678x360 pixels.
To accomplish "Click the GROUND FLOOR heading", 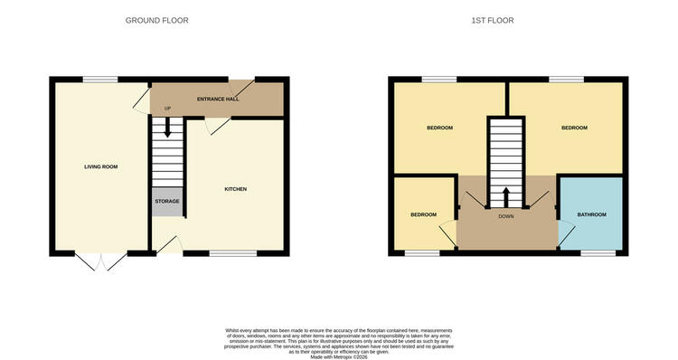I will [156, 20].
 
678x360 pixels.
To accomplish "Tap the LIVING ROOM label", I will [101, 166].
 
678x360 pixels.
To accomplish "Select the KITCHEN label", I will [235, 189].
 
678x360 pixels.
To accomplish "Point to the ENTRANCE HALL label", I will [218, 99].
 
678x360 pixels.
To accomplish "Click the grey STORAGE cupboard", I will [167, 201].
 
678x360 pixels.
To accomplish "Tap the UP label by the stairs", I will [167, 109].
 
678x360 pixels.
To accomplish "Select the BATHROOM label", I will [592, 214].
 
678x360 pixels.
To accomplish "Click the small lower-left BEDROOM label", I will [423, 214].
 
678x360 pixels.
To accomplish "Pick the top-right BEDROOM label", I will [574, 128].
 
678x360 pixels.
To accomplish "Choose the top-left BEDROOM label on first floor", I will [439, 128].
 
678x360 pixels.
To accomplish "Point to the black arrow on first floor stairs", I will [505, 195].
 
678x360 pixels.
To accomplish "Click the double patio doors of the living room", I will [99, 262].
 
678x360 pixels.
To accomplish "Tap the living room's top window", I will [101, 80].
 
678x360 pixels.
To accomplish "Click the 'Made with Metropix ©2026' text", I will [338, 357].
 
